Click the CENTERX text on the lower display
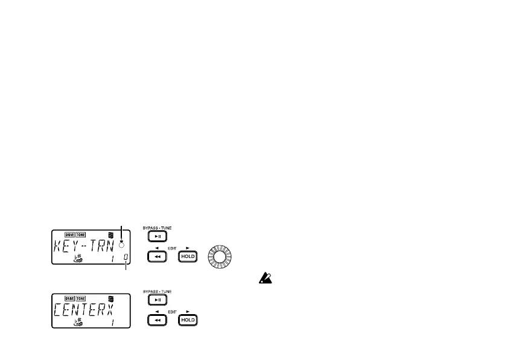[x=85, y=310]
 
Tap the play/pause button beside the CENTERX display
[x=157, y=300]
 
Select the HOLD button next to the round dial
[x=188, y=257]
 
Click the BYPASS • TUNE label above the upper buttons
[x=157, y=227]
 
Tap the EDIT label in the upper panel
[x=173, y=249]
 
